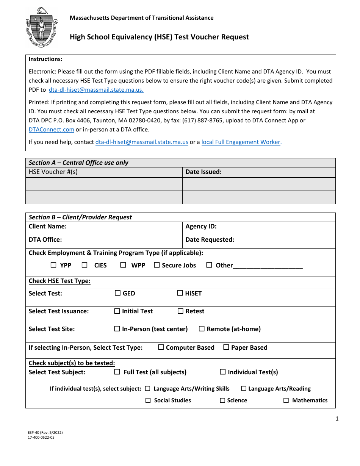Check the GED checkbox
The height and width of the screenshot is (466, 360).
tap(117, 293)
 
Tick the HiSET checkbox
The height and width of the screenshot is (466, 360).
tap(180, 293)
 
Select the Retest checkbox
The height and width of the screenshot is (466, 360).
tap(181, 311)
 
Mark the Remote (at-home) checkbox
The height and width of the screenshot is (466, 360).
tap(202, 328)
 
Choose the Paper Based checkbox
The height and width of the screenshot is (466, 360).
tap(226, 347)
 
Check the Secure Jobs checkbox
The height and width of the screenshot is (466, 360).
tap(157, 265)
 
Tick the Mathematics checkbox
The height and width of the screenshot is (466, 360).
tap(286, 400)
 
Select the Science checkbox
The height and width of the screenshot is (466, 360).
tap(223, 400)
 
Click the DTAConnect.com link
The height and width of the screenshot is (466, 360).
tap(52, 129)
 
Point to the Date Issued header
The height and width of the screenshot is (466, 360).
tap(203, 172)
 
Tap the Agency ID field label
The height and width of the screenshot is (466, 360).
tap(201, 227)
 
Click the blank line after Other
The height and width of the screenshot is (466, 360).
tap(268, 266)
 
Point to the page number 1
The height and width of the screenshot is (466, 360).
tap(337, 419)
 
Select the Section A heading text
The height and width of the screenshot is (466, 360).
tap(78, 163)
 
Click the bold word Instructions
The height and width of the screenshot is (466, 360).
tap(45, 59)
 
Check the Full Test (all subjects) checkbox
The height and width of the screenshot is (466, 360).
tap(117, 372)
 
